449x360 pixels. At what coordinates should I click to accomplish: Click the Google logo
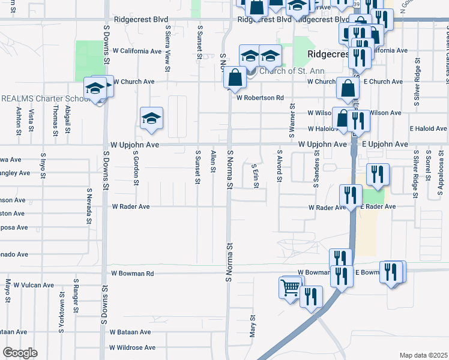20,353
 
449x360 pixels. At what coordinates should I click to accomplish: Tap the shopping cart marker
291,288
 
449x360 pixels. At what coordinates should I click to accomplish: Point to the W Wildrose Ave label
132,347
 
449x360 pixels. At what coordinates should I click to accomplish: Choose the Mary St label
253,327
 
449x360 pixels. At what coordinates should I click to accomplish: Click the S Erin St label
255,176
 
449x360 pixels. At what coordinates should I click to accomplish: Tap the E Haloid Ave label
428,128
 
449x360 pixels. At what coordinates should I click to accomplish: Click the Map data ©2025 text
423,355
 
